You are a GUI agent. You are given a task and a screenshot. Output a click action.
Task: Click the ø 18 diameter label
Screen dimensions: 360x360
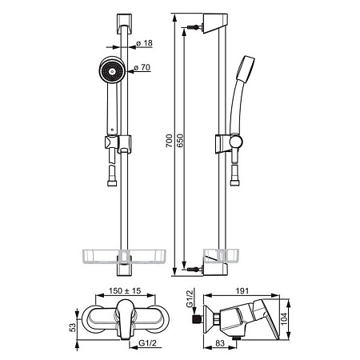[x=144, y=43]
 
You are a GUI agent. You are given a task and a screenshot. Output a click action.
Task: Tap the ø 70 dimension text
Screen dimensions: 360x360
[x=142, y=67]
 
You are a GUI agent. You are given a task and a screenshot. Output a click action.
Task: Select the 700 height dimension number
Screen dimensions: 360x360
[x=169, y=141]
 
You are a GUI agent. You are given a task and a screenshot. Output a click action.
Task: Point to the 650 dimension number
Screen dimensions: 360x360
[x=179, y=141]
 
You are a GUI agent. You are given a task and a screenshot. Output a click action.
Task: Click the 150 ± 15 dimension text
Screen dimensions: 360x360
[x=125, y=290]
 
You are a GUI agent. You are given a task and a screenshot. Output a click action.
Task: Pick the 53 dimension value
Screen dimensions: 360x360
[x=73, y=327]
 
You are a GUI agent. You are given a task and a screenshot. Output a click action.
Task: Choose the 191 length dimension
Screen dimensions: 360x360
[x=242, y=290]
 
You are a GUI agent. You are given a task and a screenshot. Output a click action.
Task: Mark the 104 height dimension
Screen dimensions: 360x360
[x=284, y=319]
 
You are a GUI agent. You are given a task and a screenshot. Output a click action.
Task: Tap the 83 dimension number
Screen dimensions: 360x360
[x=220, y=343]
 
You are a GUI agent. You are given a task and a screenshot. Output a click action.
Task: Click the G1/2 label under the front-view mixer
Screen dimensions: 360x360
[x=147, y=343]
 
